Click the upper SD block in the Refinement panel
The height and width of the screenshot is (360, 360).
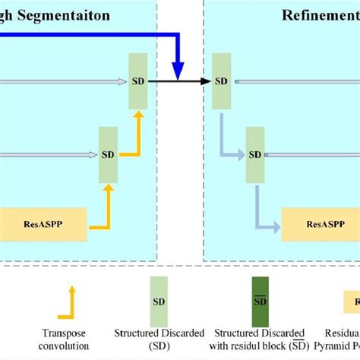pyautogui.click(x=222, y=81)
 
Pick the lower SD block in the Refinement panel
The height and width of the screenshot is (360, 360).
pyautogui.click(x=255, y=154)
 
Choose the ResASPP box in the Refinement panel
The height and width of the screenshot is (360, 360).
pyautogui.click(x=317, y=226)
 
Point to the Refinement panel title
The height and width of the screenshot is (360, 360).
pyautogui.click(x=319, y=14)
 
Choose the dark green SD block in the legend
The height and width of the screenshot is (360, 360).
pyautogui.click(x=261, y=301)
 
